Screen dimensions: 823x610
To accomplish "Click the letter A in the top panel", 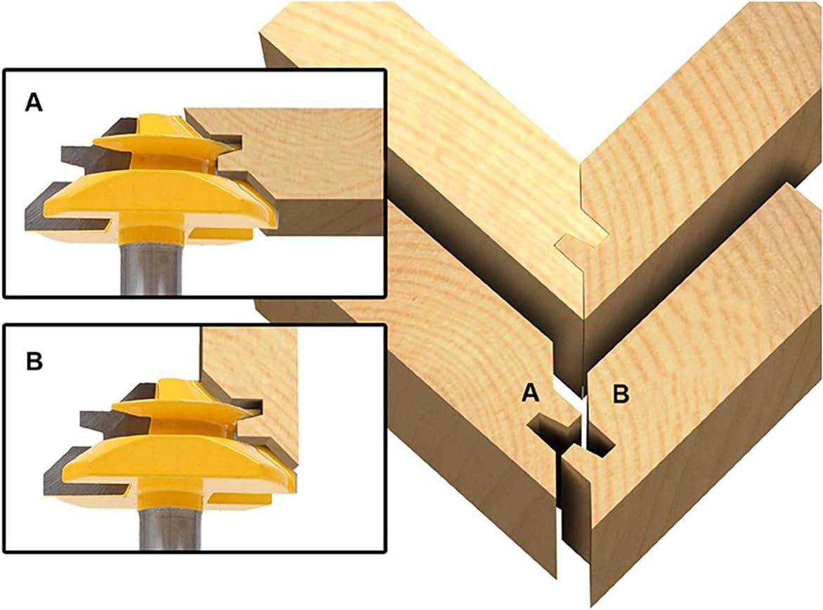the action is (34, 103).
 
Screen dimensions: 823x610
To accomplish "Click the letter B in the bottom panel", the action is (34, 361).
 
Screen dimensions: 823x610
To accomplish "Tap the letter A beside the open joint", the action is (531, 392).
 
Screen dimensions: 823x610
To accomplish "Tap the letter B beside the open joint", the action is (621, 394).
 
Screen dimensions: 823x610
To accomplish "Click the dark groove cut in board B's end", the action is (601, 441).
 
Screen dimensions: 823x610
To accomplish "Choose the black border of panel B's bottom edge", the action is (195, 551).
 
